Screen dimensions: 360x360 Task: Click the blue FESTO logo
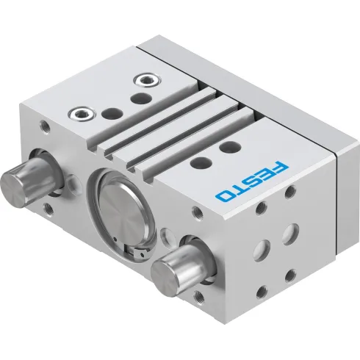click(248, 177)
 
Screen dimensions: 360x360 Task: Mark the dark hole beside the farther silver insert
click(140, 96)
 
